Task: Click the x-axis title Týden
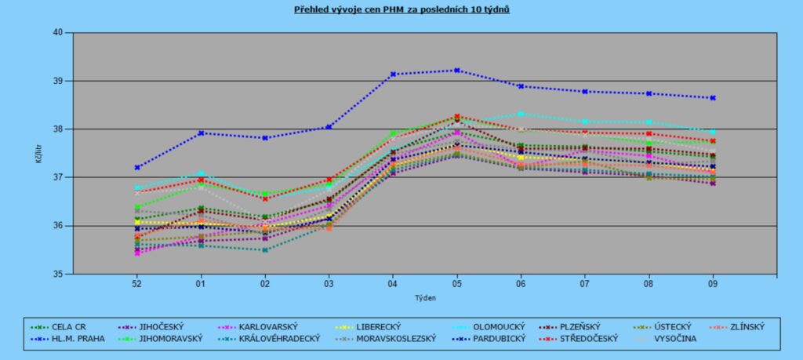point(424,298)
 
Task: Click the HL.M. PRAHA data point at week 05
point(457,71)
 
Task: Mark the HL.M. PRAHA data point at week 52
point(137,167)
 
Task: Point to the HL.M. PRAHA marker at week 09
point(713,98)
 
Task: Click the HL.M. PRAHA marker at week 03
point(329,126)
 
